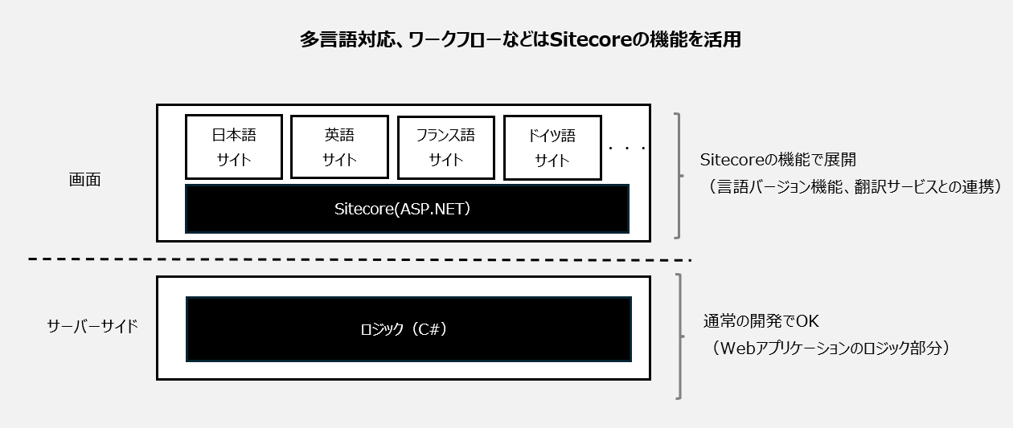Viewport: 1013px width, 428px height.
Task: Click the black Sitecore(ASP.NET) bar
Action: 407,209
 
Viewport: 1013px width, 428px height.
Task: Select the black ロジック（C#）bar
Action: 408,329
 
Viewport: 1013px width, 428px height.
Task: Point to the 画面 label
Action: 84,180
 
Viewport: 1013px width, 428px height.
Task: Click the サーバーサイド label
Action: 92,326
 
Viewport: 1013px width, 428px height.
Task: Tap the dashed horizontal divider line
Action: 359,259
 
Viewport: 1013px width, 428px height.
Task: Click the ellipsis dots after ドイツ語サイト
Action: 627,148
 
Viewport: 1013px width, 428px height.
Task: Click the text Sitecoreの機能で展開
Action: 778,159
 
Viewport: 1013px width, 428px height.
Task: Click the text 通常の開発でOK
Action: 761,321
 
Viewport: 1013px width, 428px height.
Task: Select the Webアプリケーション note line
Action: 830,348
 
